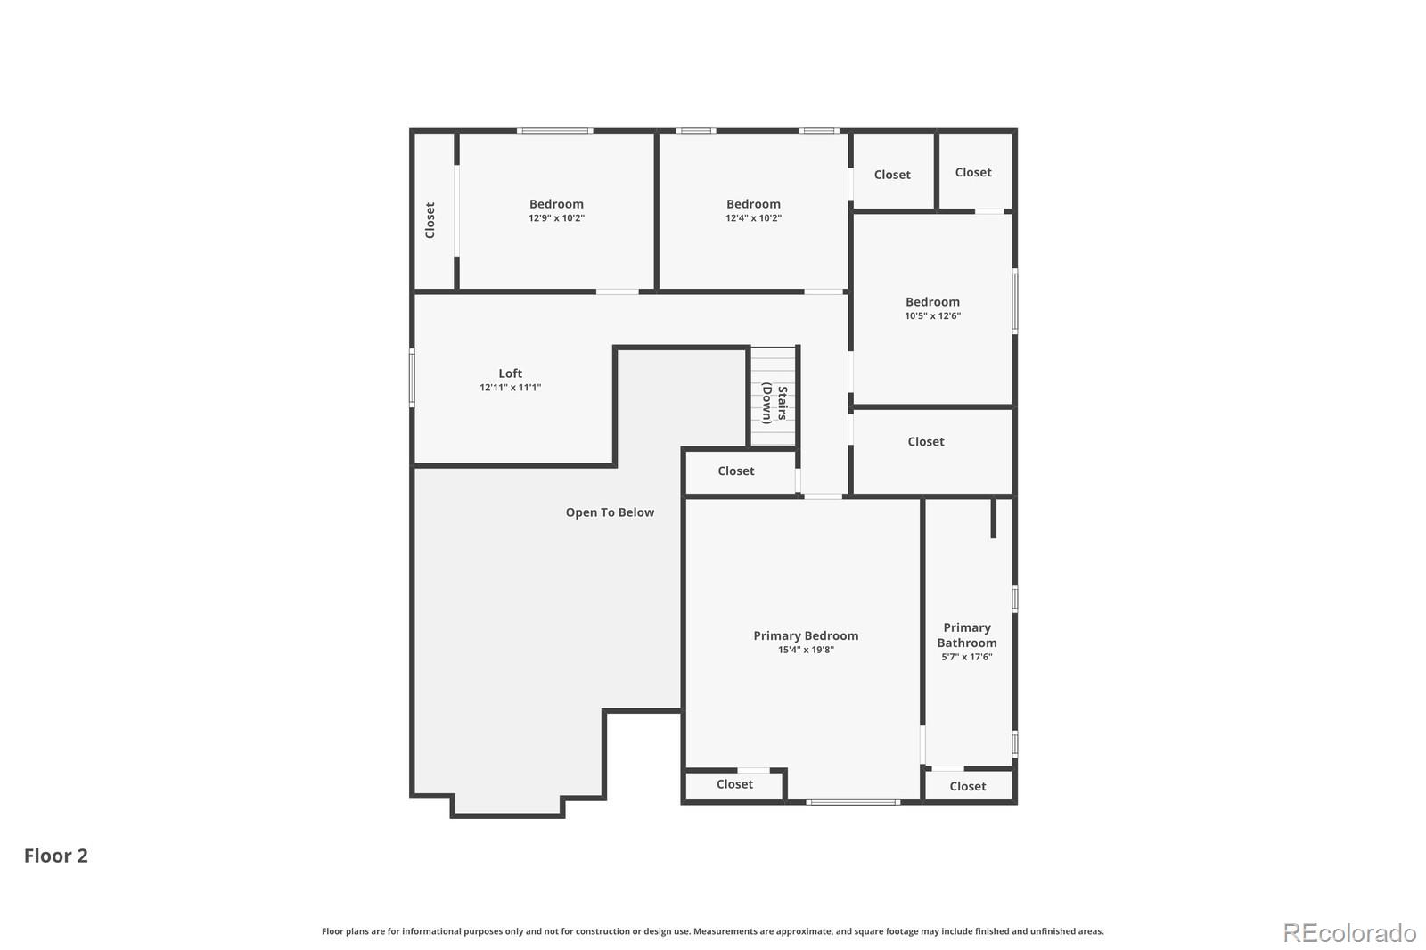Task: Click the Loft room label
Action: pyautogui.click(x=510, y=373)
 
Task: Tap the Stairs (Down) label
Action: pyautogui.click(x=774, y=403)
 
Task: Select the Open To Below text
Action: pyautogui.click(x=610, y=512)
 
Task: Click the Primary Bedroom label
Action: pyautogui.click(x=806, y=635)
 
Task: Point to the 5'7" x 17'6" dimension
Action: pyautogui.click(x=966, y=657)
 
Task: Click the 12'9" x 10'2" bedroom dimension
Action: pyautogui.click(x=556, y=218)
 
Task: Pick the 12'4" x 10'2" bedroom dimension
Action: pyautogui.click(x=753, y=218)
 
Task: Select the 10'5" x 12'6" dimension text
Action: pyautogui.click(x=932, y=316)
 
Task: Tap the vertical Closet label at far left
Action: pyautogui.click(x=430, y=220)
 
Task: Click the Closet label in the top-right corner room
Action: pyautogui.click(x=972, y=173)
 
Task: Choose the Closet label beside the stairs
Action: pyautogui.click(x=735, y=471)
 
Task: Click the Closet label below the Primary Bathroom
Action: pyautogui.click(x=967, y=786)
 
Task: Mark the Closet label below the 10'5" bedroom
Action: pyautogui.click(x=925, y=442)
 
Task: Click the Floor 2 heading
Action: pyautogui.click(x=56, y=856)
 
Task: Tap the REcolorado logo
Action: pyautogui.click(x=1348, y=933)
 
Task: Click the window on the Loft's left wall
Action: pyautogui.click(x=412, y=378)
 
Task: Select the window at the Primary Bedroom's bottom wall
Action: pyautogui.click(x=852, y=802)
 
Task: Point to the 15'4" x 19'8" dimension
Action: pyautogui.click(x=806, y=651)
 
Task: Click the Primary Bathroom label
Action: pyautogui.click(x=966, y=635)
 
